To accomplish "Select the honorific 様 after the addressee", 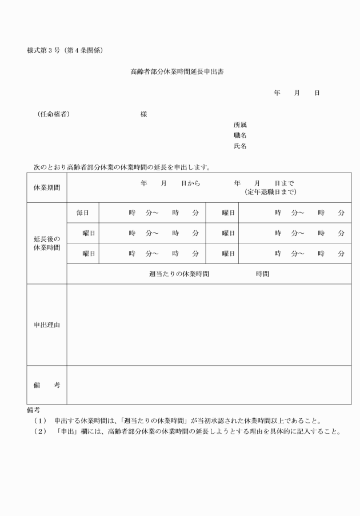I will click(x=143, y=114).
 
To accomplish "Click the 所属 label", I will click(x=240, y=125).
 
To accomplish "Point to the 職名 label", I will click(x=240, y=135).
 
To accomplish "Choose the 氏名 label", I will click(x=240, y=146).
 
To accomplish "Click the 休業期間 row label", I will click(x=47, y=187).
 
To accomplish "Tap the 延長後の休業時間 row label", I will click(x=47, y=243).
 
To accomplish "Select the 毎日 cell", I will click(x=83, y=213).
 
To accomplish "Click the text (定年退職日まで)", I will click(x=270, y=192).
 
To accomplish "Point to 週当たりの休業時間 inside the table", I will click(x=179, y=274).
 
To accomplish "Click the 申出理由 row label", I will click(x=47, y=325).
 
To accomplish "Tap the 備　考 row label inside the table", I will click(x=47, y=385).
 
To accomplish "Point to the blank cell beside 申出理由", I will click(x=209, y=325).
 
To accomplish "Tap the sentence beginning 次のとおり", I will click(x=123, y=168).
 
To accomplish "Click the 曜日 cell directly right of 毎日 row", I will click(x=229, y=213).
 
